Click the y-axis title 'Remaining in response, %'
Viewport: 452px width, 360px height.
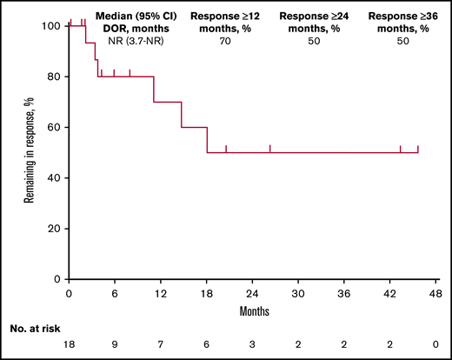coord(29,152)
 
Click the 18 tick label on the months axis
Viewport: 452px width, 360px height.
coord(207,294)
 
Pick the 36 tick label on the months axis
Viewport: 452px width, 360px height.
coord(344,294)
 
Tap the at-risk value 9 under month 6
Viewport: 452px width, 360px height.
coord(115,344)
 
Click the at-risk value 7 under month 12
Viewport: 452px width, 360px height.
coord(161,344)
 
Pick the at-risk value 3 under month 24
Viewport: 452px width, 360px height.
coord(252,344)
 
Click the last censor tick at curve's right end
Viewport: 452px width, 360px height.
coord(418,149)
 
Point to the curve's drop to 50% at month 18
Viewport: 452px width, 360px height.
coord(207,140)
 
